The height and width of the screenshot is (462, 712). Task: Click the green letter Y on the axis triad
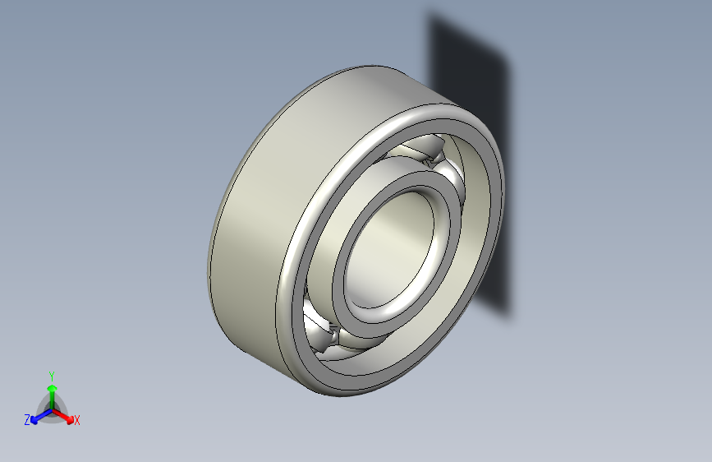tap(51, 374)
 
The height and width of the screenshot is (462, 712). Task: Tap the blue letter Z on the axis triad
tap(27, 420)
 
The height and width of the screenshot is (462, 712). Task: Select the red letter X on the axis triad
tap(77, 421)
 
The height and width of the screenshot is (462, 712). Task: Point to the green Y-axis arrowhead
tap(51, 386)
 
